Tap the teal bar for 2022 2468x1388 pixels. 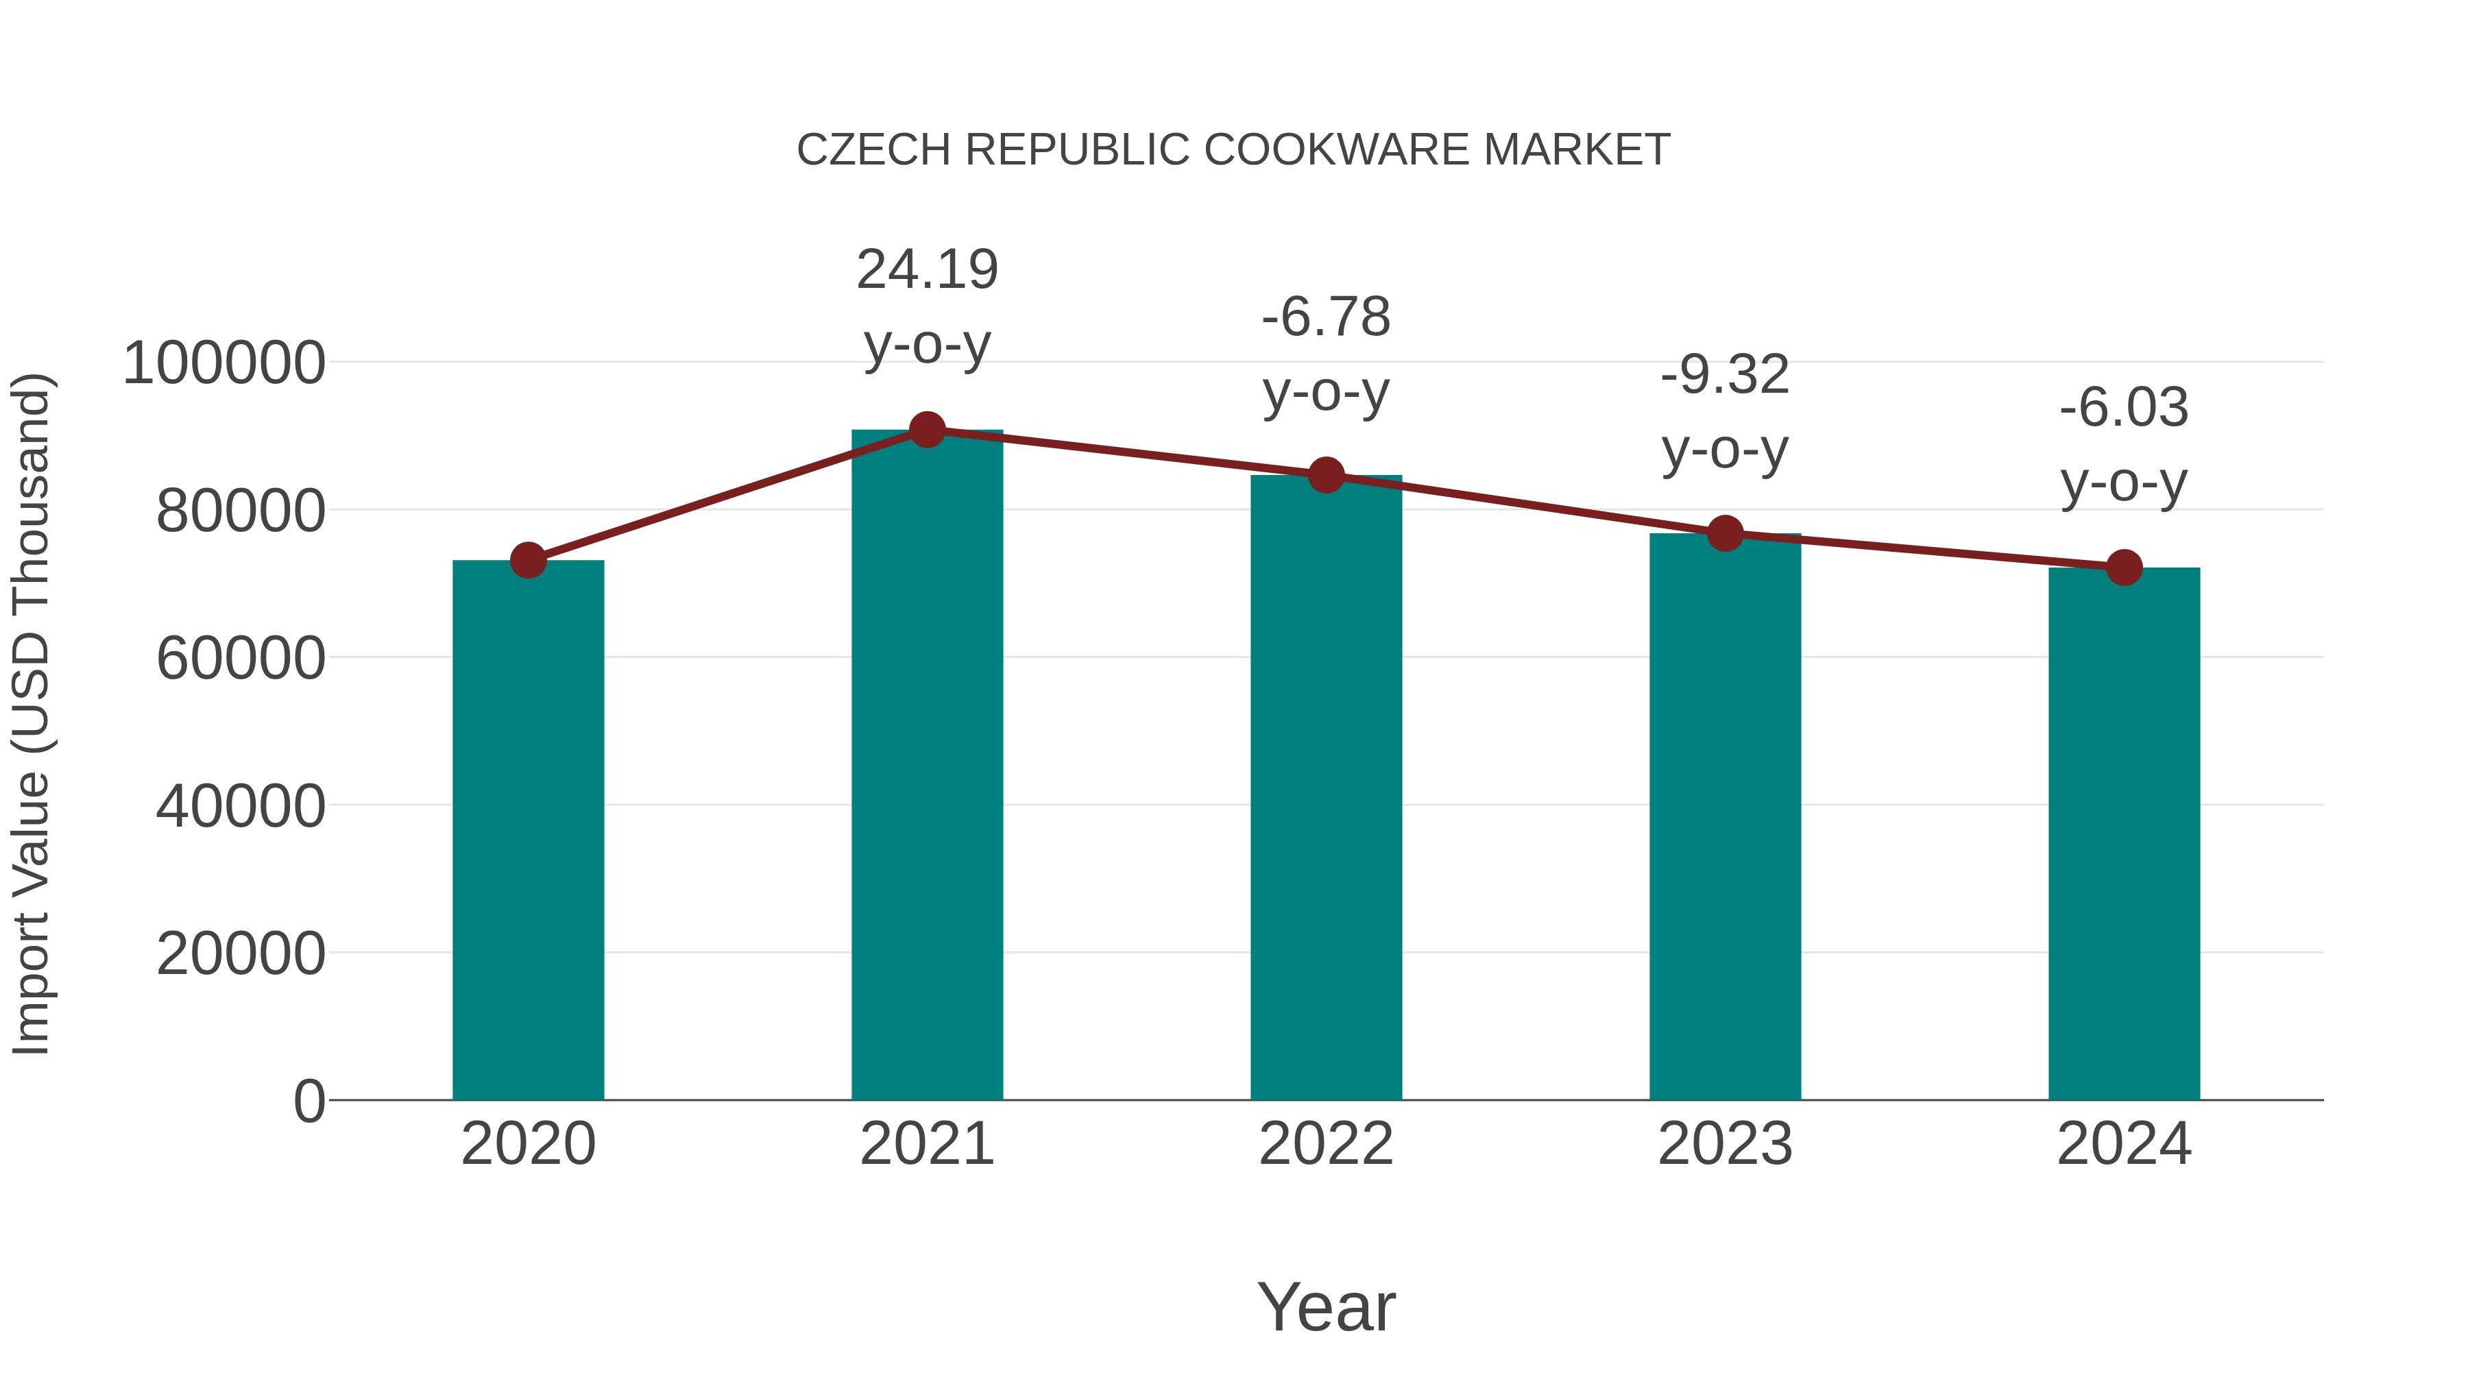coord(1326,788)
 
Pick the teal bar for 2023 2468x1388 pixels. coord(1725,816)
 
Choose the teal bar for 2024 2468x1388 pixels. coord(2124,833)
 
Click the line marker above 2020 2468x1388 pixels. coord(528,561)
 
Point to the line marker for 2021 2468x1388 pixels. coord(926,430)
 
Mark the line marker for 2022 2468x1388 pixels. coord(1326,475)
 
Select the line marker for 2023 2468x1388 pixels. coord(1725,533)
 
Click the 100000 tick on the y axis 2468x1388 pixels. coord(224,364)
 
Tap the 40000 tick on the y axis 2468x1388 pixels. coord(241,807)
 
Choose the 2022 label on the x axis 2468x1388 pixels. coord(1326,1144)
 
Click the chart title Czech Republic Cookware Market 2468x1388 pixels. coord(1233,150)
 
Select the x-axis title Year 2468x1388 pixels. coord(1326,1306)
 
